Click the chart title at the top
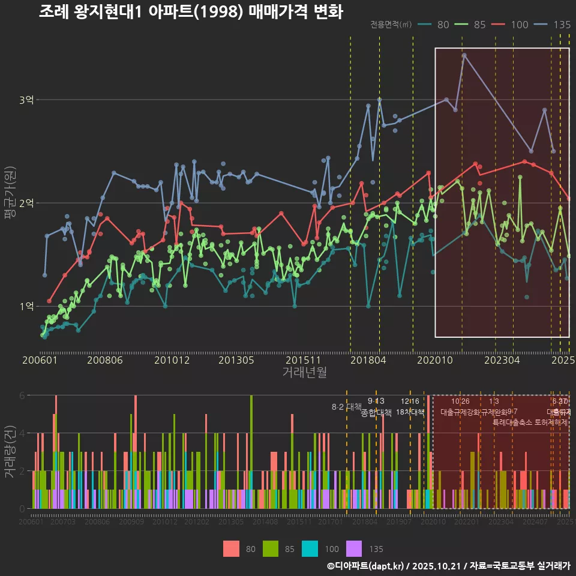click(191, 12)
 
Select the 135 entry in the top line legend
click(556, 25)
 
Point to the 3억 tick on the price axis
click(26, 100)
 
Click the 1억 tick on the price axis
click(26, 306)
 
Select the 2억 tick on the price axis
click(26, 203)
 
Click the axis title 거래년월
click(304, 373)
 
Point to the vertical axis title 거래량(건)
click(10, 451)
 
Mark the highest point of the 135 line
click(464, 55)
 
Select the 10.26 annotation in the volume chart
click(460, 401)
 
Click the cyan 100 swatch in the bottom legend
click(310, 548)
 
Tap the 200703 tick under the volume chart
click(63, 523)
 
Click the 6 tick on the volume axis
click(22, 395)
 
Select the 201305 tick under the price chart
click(236, 361)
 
